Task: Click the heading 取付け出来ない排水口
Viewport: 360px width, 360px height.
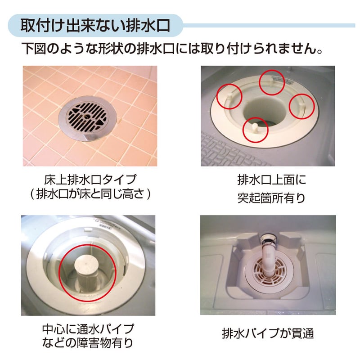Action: click(95, 26)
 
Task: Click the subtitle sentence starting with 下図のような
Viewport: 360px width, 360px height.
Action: click(172, 49)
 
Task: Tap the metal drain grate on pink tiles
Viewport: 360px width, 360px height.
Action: click(87, 118)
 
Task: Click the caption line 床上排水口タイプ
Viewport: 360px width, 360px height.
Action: click(90, 180)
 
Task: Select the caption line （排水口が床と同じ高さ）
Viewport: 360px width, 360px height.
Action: click(90, 194)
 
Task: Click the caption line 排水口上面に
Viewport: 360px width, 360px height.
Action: click(272, 180)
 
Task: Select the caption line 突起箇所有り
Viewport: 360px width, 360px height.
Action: click(272, 198)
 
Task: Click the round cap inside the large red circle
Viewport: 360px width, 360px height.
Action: click(87, 266)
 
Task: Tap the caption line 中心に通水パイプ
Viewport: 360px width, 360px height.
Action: click(88, 329)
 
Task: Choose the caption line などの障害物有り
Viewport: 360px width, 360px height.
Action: click(88, 343)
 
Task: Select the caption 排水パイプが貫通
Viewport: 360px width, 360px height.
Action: click(268, 333)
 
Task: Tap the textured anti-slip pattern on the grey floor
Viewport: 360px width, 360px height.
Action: click(232, 153)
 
